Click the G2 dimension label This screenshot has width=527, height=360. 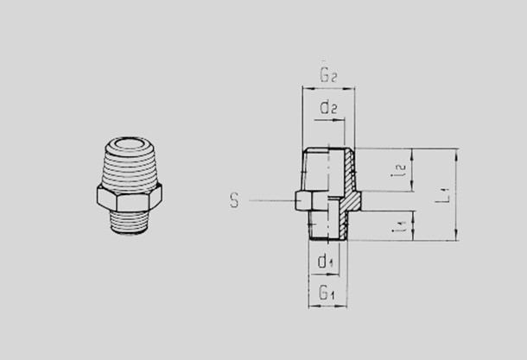coord(328,75)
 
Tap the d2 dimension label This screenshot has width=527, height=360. coord(328,107)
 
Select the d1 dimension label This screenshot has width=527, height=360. coord(326,261)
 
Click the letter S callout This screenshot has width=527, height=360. coord(234,200)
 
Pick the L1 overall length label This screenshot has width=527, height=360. coord(442,195)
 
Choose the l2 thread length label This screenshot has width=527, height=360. coord(399,170)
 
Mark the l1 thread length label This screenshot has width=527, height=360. coord(400,226)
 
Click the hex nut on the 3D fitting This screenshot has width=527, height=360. coord(130,198)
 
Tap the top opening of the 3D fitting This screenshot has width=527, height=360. coord(130,145)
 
